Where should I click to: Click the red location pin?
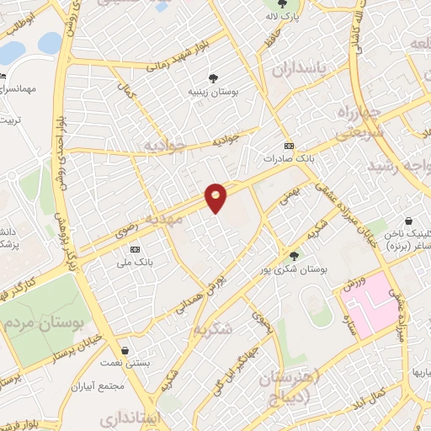(x=216, y=198)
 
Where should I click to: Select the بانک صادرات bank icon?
(x=289, y=145)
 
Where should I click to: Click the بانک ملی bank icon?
(x=136, y=250)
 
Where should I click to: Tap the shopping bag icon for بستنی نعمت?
(x=125, y=350)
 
